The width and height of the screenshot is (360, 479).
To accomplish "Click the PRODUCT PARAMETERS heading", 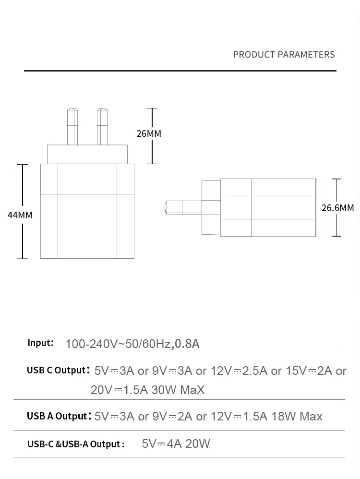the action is tap(284, 55).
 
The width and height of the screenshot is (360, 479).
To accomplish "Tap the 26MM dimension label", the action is tap(149, 133).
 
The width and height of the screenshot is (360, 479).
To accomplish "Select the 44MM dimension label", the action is tap(20, 215).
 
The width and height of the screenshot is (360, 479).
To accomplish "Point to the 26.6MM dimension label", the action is tap(338, 208).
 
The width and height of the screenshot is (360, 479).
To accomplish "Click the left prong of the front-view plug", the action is tap(72, 127).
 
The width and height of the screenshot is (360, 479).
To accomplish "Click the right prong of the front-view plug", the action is tap(102, 127).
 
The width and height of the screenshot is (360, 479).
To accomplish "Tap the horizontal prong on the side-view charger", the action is tap(183, 207).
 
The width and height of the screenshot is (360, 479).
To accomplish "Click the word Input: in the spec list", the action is tap(41, 343).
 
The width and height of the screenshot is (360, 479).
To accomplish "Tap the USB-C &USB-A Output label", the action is tap(76, 444).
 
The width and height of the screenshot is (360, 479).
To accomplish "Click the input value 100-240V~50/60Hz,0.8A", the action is tap(132, 344).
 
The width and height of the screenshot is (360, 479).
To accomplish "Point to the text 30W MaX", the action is tap(178, 390).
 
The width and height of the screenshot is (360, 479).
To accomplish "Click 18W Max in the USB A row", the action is tap(297, 417).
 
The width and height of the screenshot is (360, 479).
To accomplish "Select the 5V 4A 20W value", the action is tap(176, 443).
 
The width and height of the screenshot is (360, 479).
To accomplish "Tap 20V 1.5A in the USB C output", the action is tap(120, 390).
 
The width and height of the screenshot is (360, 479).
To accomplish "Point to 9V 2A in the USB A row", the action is tap(172, 417).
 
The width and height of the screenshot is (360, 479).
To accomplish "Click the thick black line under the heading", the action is tap(180, 71).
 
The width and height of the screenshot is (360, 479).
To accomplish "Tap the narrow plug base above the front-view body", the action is tap(87, 154).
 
